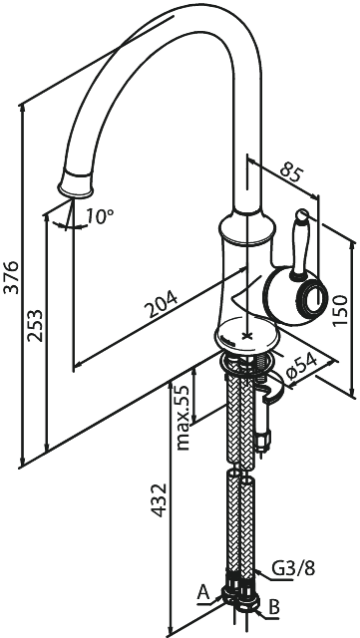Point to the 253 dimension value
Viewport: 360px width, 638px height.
coord(35,324)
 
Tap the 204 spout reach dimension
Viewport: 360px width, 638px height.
coord(161,298)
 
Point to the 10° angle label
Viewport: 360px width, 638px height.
coord(100,215)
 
